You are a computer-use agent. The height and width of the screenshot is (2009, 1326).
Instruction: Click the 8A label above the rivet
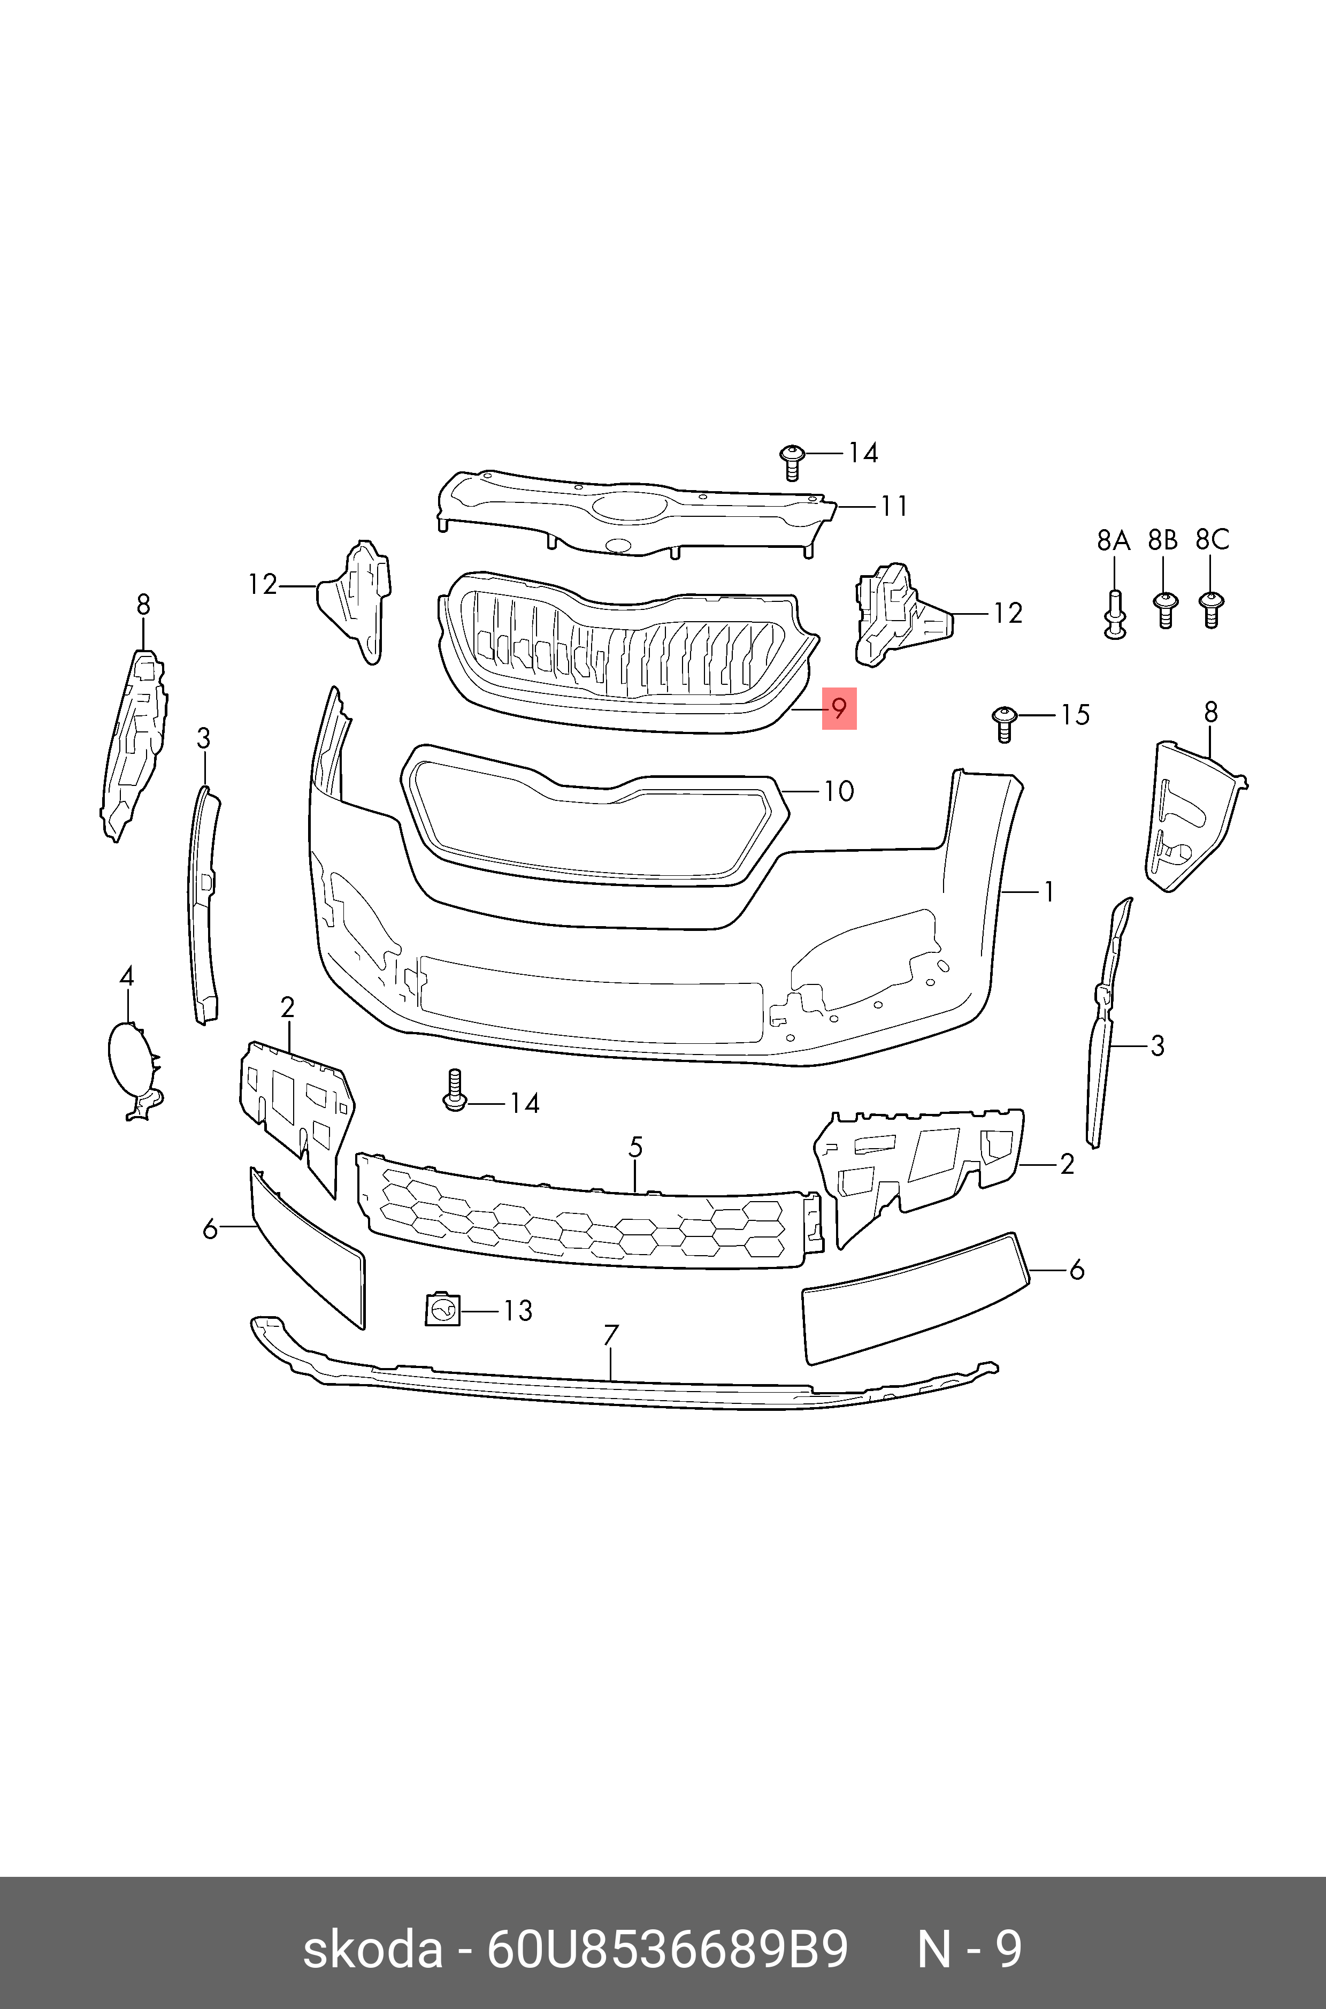1113,540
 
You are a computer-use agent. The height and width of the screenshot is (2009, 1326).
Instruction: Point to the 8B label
1163,540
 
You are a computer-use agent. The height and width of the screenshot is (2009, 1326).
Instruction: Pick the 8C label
1212,540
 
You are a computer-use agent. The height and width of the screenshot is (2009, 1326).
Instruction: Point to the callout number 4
127,977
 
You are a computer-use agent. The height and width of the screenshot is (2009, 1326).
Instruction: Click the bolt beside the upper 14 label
792,461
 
